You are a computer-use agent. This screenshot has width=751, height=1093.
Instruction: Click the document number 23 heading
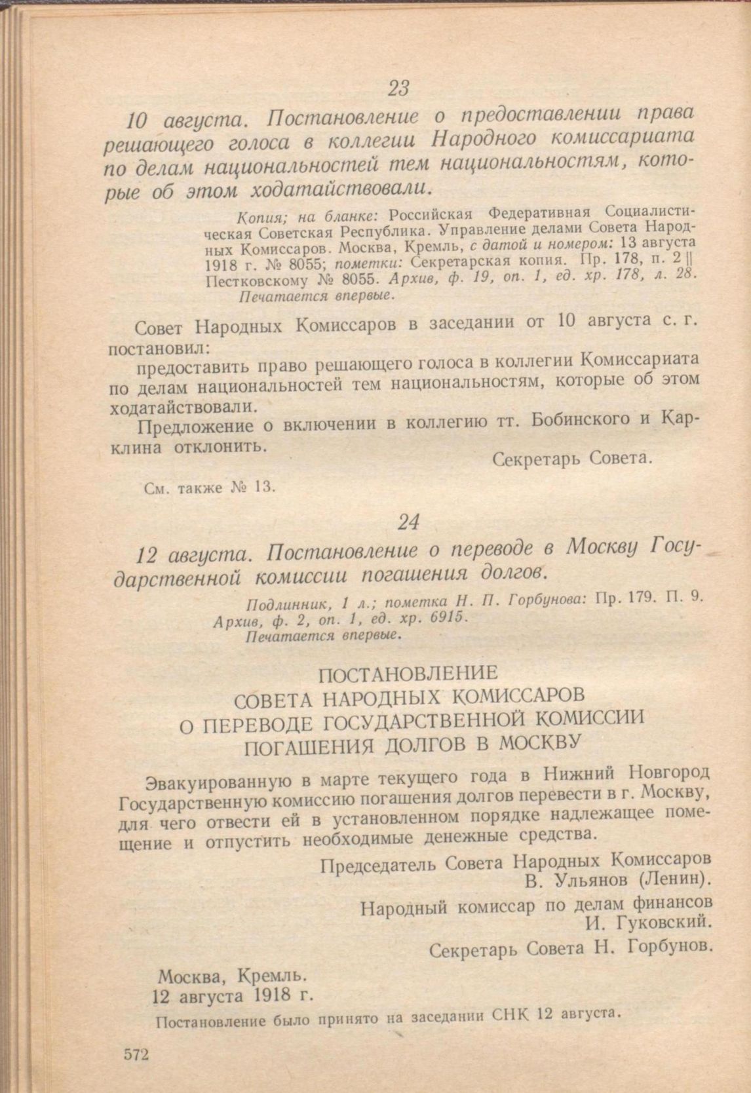(398, 87)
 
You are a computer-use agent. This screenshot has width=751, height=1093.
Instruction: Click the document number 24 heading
(408, 522)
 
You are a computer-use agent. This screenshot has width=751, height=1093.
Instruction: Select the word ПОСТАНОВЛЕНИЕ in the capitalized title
(408, 673)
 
